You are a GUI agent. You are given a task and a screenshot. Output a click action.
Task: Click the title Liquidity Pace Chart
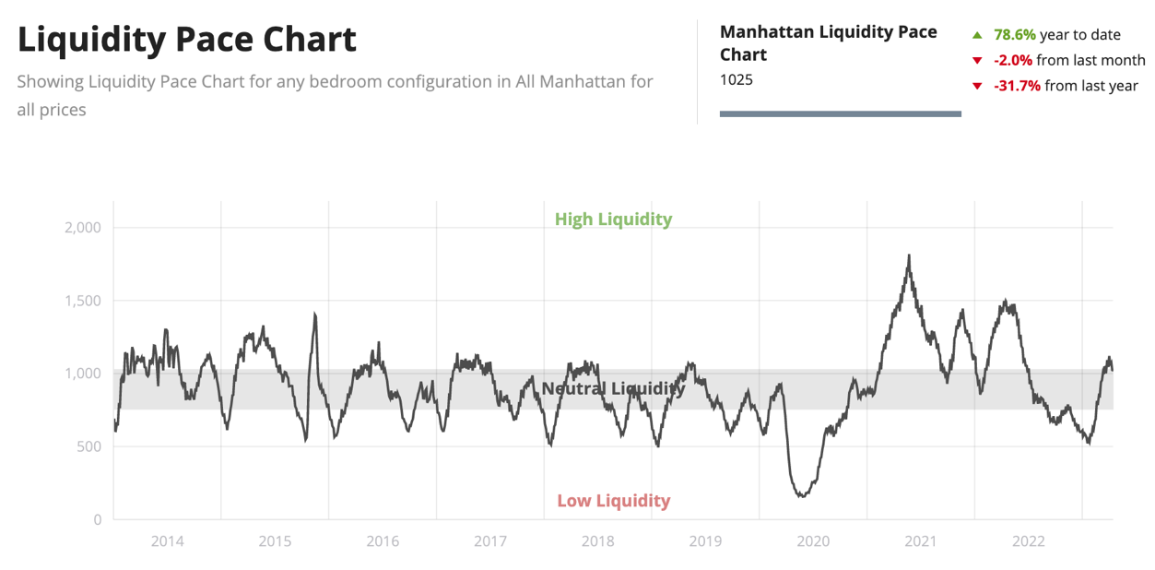click(187, 40)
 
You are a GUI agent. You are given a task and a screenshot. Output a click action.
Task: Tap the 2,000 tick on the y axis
click(83, 228)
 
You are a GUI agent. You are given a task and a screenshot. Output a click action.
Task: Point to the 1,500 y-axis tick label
click(83, 301)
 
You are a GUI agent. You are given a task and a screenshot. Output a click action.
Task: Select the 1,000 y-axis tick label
click(83, 374)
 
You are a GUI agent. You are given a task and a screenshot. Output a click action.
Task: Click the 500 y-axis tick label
click(89, 446)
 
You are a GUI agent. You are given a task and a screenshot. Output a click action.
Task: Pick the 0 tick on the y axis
click(97, 520)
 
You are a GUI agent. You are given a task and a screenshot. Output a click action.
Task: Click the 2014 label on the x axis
click(167, 541)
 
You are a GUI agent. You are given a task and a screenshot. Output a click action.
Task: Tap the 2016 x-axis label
click(383, 541)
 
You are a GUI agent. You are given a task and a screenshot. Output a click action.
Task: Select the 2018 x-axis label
click(598, 541)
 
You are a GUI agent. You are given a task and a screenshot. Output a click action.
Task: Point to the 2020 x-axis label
click(813, 541)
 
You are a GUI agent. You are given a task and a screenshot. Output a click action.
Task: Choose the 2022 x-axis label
click(1029, 541)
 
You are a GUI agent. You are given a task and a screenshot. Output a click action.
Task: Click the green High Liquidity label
click(613, 220)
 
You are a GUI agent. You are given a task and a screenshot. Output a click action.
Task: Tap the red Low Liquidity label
click(613, 501)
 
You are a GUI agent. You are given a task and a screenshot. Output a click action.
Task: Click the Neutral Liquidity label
click(613, 388)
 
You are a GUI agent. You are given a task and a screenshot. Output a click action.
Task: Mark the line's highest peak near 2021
click(909, 255)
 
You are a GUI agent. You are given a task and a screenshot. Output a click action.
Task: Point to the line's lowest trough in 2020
click(802, 496)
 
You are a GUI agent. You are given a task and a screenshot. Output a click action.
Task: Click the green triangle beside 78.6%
click(977, 35)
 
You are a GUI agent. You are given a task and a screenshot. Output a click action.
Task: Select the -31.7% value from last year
click(1017, 86)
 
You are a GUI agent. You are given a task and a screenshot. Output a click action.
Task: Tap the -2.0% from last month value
click(1013, 60)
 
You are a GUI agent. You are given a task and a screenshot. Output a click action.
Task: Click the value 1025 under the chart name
click(737, 79)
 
